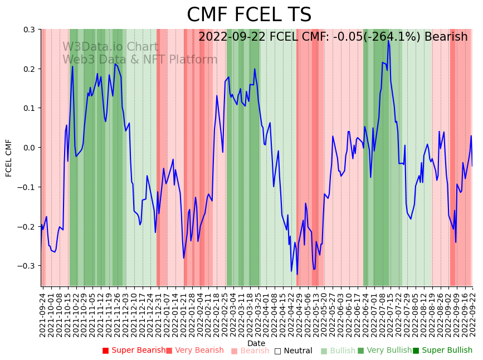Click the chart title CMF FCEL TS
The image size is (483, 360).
[249, 15]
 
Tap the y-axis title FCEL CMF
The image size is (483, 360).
[9, 158]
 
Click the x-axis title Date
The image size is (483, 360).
[256, 343]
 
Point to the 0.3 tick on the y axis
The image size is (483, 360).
[29, 30]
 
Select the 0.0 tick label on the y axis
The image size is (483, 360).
[29, 148]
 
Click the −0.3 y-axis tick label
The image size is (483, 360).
[27, 266]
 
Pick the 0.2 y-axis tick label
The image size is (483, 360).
[29, 69]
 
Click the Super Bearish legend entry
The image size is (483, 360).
[134, 351]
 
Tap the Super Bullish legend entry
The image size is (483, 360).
[442, 351]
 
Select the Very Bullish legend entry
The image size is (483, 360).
[384, 351]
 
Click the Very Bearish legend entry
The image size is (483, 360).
[194, 351]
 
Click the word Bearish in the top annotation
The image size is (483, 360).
[446, 37]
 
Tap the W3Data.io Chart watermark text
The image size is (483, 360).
[110, 47]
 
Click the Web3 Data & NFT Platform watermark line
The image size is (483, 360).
[140, 60]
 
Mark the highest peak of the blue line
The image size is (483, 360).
[388, 40]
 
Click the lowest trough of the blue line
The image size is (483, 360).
[297, 274]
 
